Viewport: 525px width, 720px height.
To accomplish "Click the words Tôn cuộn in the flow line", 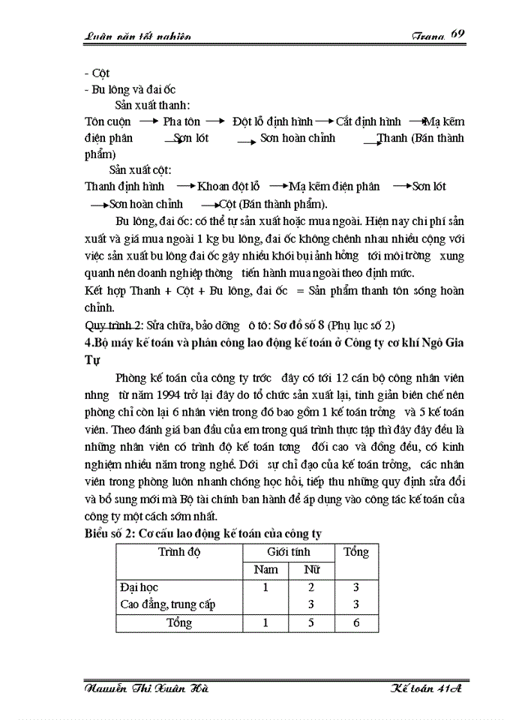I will coord(108,121).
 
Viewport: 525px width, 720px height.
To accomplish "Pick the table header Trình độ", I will coord(180,553).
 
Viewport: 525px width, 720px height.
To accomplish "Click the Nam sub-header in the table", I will coord(266,570).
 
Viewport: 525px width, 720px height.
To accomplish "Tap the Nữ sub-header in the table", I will coord(311,570).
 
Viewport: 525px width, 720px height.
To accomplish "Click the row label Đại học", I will coord(139,587).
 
